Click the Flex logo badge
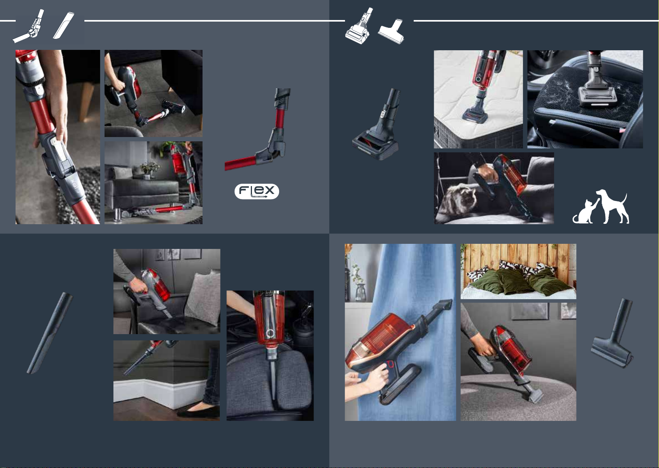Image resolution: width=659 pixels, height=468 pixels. point(257,191)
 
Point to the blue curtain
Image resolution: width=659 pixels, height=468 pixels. point(412,294)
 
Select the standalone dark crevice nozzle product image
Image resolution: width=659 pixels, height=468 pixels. point(50,333)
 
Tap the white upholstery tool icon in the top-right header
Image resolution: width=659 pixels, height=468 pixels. point(391,32)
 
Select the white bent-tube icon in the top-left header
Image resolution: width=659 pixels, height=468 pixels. point(29,26)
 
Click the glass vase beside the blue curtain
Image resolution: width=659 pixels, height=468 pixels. point(360,292)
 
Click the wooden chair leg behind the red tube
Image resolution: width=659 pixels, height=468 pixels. point(86,102)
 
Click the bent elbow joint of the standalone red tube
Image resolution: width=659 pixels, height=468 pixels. point(271,148)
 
